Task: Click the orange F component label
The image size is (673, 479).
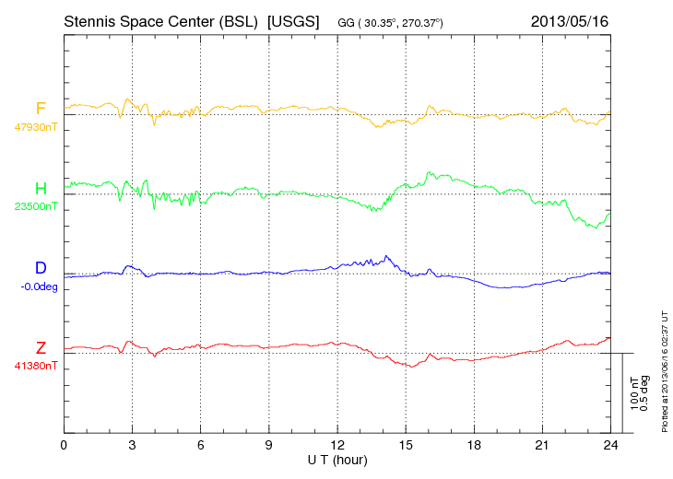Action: coord(41,110)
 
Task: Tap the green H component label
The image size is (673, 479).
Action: coord(41,189)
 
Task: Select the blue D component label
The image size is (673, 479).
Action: coord(41,268)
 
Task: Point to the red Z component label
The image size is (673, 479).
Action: coord(41,347)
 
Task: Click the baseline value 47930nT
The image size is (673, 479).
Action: coord(35,127)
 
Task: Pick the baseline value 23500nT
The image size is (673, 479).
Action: coord(35,206)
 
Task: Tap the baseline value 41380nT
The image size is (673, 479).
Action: coord(35,365)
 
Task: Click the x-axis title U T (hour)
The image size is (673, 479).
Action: coord(337,460)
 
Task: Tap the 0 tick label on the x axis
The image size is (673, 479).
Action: coord(64,446)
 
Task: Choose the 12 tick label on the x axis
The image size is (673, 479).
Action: coord(337,446)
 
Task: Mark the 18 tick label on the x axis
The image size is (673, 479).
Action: coord(474,446)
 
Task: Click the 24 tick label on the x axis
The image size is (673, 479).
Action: coord(610,446)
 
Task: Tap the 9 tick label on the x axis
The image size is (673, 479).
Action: coord(269,446)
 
